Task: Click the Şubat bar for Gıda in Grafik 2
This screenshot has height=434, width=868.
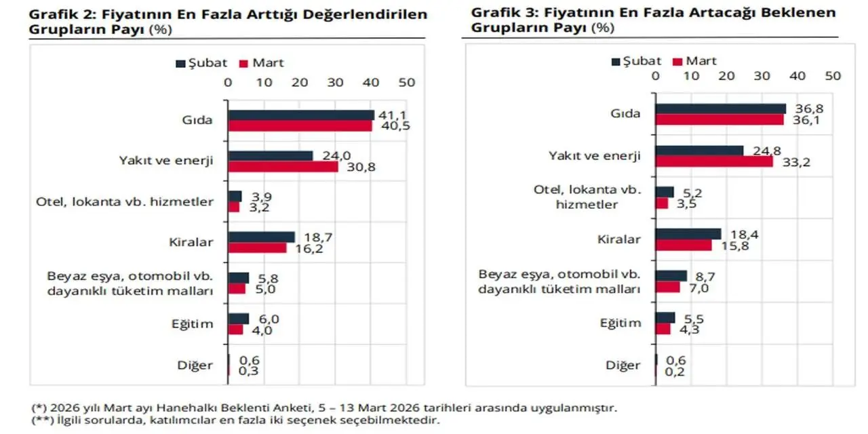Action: coord(301,115)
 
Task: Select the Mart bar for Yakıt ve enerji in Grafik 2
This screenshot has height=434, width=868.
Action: coord(283,166)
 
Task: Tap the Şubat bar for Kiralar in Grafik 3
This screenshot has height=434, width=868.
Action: coord(688,234)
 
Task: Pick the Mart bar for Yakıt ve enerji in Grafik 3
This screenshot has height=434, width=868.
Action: coord(714,162)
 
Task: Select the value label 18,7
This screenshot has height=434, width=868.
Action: coord(313,237)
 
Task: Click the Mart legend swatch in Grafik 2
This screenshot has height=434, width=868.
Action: coord(245,64)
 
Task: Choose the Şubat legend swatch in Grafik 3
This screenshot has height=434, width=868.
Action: coord(616,62)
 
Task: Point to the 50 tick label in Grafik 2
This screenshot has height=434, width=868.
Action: coord(406,82)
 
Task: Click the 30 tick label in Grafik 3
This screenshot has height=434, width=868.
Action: coord(763,76)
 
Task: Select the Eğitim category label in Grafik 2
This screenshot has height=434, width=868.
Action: coord(192,323)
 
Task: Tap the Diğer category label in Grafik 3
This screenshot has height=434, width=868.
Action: coord(623,366)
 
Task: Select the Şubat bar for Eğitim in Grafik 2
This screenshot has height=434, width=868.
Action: coord(239,319)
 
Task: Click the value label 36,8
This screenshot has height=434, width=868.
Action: coord(805,108)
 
